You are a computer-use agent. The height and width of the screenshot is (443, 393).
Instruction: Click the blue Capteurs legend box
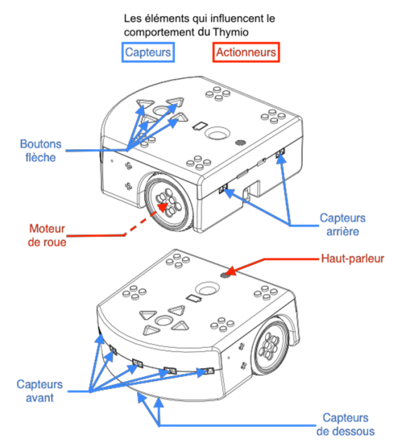pyautogui.click(x=148, y=52)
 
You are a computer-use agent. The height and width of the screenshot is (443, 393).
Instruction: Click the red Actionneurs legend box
pyautogui.click(x=246, y=52)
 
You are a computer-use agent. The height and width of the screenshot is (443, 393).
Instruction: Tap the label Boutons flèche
pyautogui.click(x=41, y=150)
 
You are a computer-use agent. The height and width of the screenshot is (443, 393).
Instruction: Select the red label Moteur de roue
pyautogui.click(x=47, y=236)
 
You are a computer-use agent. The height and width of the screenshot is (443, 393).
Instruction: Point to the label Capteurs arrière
pyautogui.click(x=342, y=224)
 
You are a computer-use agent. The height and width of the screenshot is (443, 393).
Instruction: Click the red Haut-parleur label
pyautogui.click(x=353, y=259)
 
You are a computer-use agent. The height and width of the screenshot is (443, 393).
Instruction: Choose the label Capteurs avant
pyautogui.click(x=39, y=391)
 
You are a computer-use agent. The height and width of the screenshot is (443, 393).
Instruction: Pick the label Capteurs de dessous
pyautogui.click(x=345, y=424)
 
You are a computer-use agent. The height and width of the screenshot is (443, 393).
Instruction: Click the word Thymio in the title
pyautogui.click(x=231, y=32)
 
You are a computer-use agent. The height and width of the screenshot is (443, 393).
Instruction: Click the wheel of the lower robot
pyautogui.click(x=269, y=346)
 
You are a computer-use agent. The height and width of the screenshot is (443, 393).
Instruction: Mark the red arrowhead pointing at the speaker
pyautogui.click(x=231, y=271)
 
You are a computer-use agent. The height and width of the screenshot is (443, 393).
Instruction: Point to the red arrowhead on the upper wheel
pyautogui.click(x=162, y=207)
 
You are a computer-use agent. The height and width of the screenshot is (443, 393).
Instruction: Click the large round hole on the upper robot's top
pyautogui.click(x=217, y=133)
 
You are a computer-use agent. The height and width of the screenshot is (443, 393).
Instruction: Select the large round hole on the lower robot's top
pyautogui.click(x=207, y=289)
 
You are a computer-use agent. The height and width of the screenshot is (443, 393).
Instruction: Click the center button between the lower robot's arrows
pyautogui.click(x=162, y=321)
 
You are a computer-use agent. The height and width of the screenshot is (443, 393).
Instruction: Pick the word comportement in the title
pyautogui.click(x=160, y=32)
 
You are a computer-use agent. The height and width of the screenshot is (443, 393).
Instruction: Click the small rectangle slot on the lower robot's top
pyautogui.click(x=193, y=298)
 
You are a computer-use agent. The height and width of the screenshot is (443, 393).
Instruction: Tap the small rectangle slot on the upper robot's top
pyautogui.click(x=200, y=126)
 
